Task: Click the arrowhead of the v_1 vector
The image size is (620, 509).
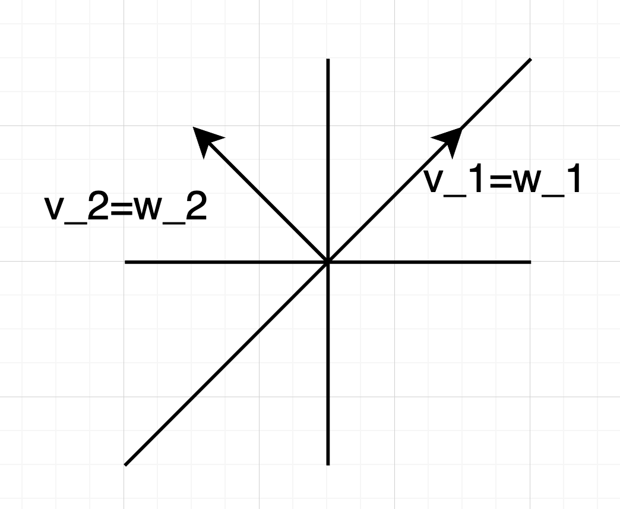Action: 451,139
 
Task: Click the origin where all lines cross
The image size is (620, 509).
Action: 328,262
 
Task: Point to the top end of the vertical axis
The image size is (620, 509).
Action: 328,59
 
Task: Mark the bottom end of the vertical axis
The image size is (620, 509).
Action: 328,464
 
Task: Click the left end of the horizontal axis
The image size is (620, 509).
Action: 125,262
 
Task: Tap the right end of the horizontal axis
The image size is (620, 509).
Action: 530,262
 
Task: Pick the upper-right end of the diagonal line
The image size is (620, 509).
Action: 529,59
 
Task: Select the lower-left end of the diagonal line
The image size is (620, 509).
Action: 126,464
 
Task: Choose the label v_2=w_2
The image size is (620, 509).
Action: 126,209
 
